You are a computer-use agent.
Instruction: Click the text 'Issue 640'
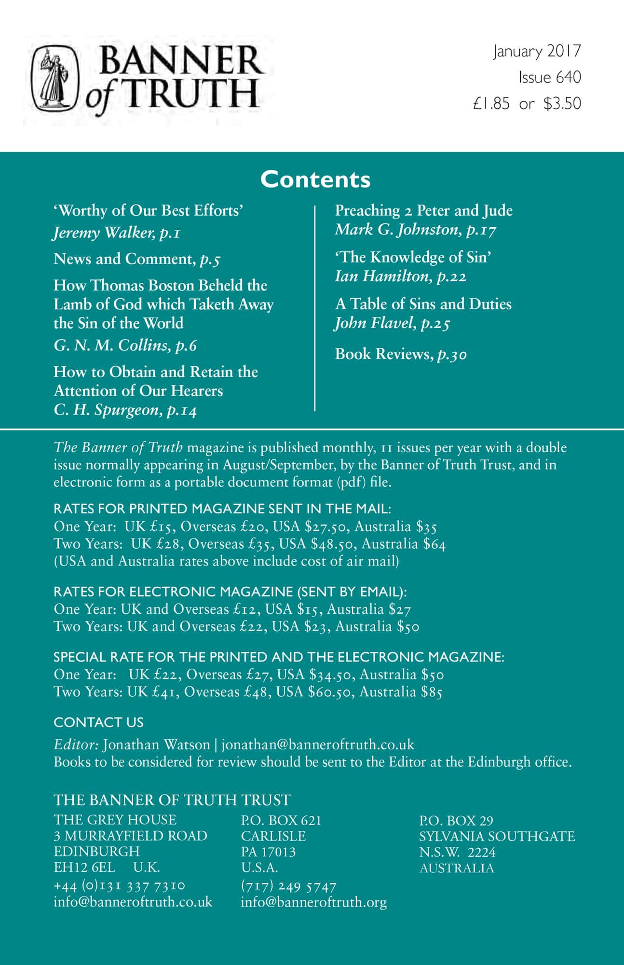pos(549,77)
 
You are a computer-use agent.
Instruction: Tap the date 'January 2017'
pos(537,51)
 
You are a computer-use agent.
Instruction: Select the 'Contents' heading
pos(315,179)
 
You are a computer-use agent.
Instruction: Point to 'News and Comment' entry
pos(123,259)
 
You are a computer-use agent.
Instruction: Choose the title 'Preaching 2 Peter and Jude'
pos(423,210)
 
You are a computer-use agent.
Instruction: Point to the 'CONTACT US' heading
pos(98,722)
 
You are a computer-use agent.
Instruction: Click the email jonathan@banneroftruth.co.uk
pos(317,744)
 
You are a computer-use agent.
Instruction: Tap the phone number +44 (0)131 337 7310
pos(119,885)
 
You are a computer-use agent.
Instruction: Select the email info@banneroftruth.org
pos(313,902)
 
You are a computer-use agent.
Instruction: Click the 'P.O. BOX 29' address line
pos(456,820)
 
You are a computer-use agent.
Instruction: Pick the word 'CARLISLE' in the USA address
pos(273,836)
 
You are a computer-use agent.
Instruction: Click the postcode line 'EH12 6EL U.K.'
pos(107,867)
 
